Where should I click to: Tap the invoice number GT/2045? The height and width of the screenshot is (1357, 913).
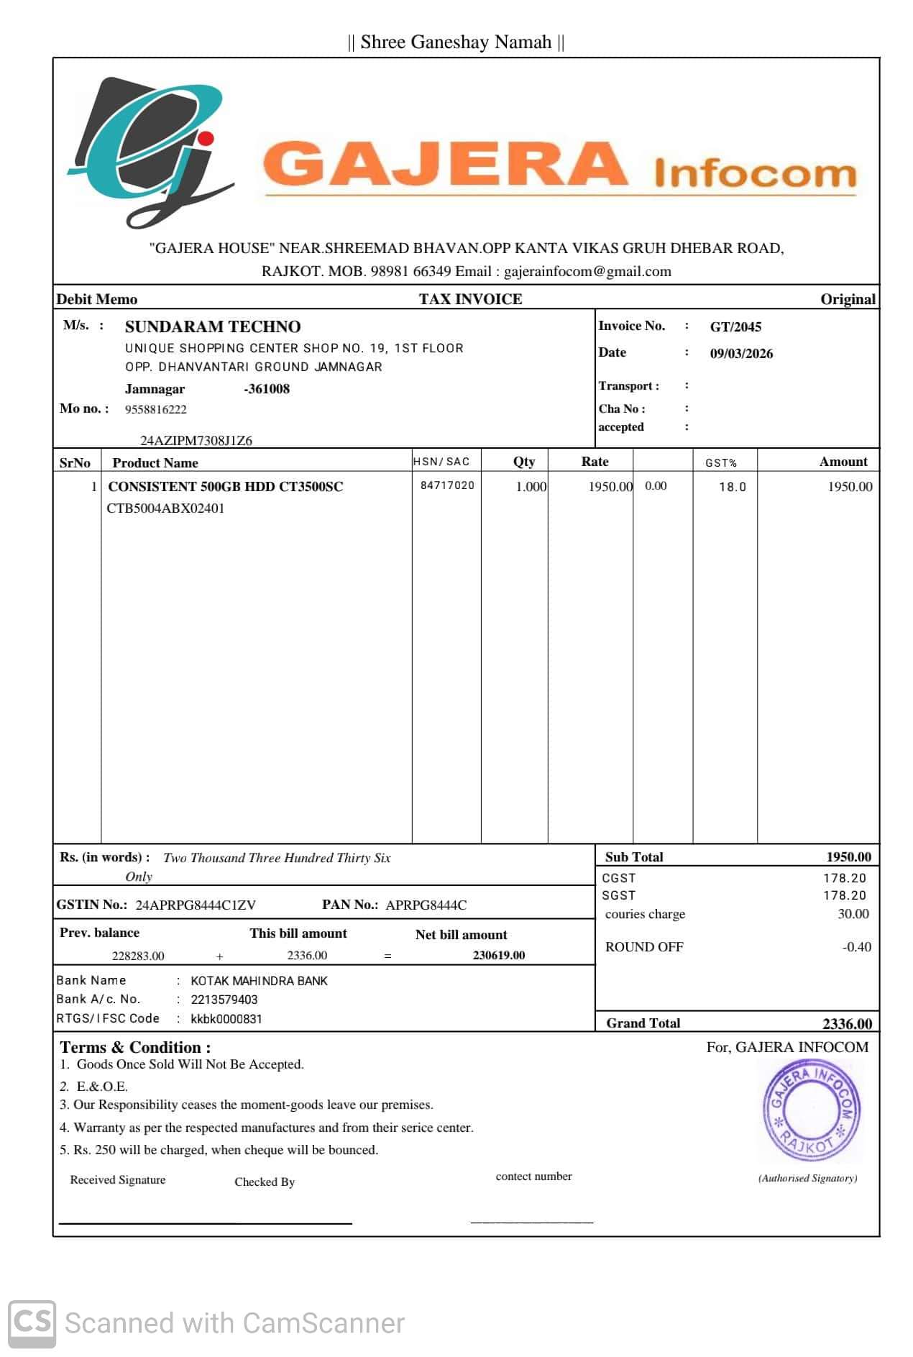click(x=735, y=327)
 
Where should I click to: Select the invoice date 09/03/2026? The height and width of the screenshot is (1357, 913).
click(x=741, y=354)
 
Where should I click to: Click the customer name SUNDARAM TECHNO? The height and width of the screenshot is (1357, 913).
click(x=213, y=327)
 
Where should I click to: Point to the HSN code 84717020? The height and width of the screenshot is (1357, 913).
click(x=447, y=485)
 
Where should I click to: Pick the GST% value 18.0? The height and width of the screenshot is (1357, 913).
click(x=732, y=487)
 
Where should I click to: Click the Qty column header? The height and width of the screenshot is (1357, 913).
click(x=523, y=462)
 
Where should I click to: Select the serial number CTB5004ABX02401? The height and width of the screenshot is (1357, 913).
click(x=165, y=508)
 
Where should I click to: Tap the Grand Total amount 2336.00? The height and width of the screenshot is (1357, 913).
click(x=847, y=1023)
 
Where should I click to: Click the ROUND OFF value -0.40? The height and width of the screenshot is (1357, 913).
click(x=856, y=947)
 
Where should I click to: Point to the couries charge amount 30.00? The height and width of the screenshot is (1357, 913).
click(x=853, y=914)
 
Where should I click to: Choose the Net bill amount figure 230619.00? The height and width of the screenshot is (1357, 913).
click(x=498, y=956)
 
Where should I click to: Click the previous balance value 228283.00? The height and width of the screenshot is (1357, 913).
click(x=138, y=956)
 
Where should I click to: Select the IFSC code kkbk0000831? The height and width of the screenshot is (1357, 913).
click(x=226, y=1019)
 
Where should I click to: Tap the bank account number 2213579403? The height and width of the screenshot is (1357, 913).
click(x=224, y=1000)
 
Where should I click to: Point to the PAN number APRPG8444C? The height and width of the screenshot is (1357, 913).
click(x=426, y=905)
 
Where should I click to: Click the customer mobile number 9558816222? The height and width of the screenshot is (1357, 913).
click(x=155, y=410)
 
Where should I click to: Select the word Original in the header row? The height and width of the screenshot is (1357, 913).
click(x=848, y=300)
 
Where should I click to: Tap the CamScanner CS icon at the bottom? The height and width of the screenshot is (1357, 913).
click(x=32, y=1322)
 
